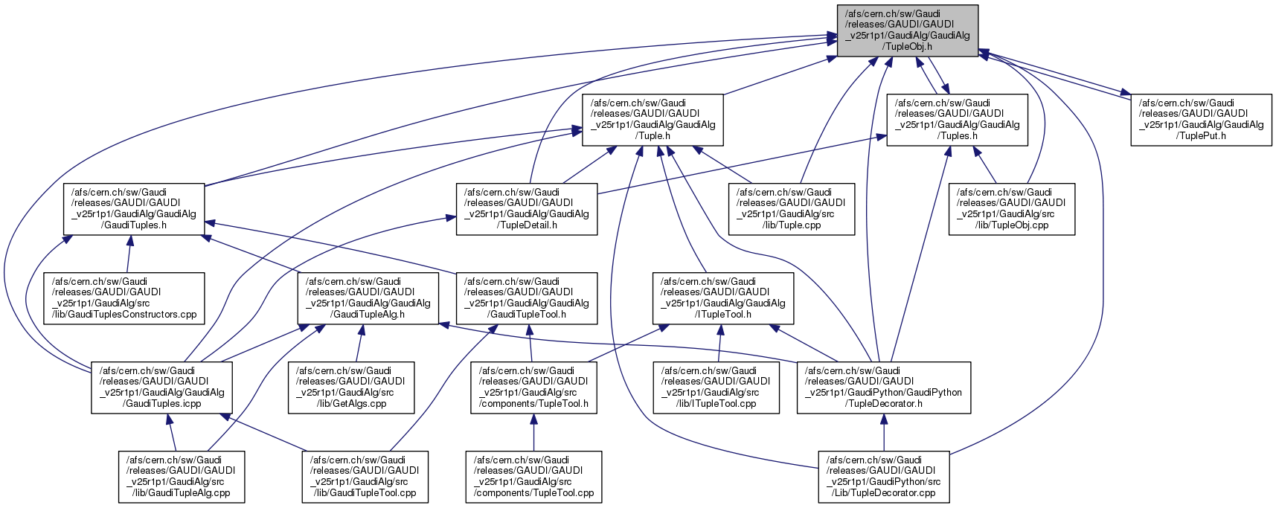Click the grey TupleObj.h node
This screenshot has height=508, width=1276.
(907, 30)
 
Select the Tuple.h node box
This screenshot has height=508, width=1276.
(653, 120)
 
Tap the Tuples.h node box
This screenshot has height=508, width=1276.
(957, 120)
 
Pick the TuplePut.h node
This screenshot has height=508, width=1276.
(1201, 120)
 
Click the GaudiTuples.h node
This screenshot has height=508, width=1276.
(134, 209)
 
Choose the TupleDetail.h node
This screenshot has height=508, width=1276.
(526, 209)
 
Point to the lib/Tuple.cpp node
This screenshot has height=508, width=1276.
(791, 209)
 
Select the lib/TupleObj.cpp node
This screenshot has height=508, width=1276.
(1011, 209)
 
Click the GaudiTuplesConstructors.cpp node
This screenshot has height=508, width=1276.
(124, 298)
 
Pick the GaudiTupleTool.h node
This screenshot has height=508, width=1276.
(526, 298)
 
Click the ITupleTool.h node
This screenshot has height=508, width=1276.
(722, 298)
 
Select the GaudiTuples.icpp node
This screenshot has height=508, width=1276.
(161, 388)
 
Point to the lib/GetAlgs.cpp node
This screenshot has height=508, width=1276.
(351, 388)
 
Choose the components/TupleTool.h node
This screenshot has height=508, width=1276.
(533, 388)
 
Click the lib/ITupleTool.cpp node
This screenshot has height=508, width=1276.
(716, 388)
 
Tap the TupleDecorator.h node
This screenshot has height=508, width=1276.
(883, 388)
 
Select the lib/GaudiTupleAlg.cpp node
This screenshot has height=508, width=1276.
(181, 477)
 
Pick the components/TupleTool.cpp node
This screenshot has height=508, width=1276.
(533, 477)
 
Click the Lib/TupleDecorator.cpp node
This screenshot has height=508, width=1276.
(884, 477)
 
